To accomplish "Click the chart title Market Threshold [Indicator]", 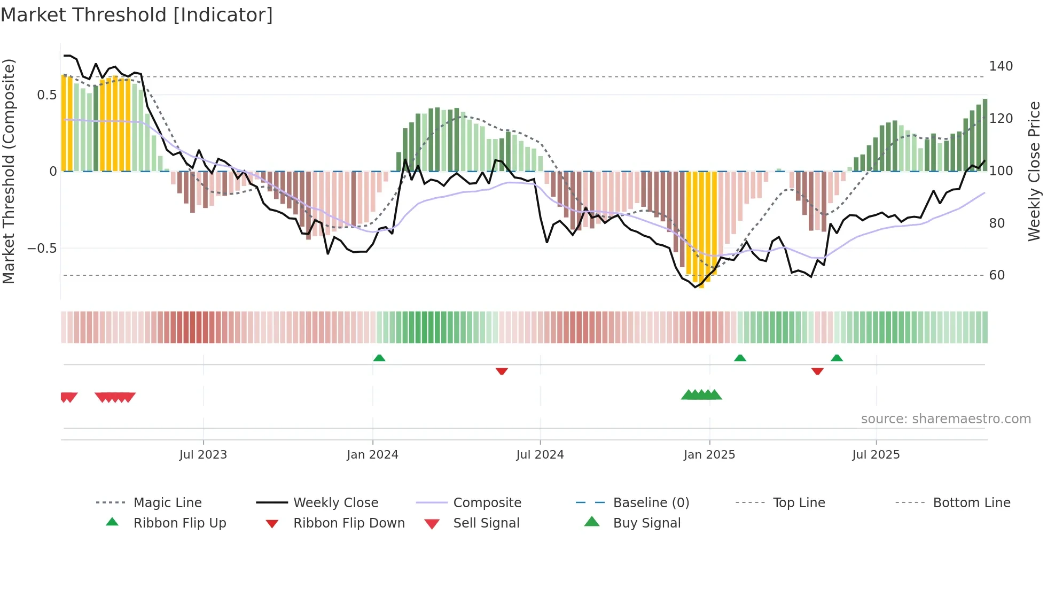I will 137,15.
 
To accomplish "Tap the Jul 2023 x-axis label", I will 203,455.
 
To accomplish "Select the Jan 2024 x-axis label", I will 372,455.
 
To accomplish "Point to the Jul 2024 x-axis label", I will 540,455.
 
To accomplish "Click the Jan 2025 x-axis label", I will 709,455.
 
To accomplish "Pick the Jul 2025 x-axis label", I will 876,455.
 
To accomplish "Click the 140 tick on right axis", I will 1001,66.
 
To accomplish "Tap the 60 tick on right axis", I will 997,275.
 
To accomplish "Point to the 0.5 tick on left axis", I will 46,95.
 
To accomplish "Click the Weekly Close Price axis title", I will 1034,171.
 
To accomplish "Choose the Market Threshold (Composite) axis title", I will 9,171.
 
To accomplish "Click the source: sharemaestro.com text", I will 946,419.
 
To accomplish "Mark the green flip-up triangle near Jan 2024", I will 379,358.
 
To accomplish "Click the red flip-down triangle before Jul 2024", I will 502,371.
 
